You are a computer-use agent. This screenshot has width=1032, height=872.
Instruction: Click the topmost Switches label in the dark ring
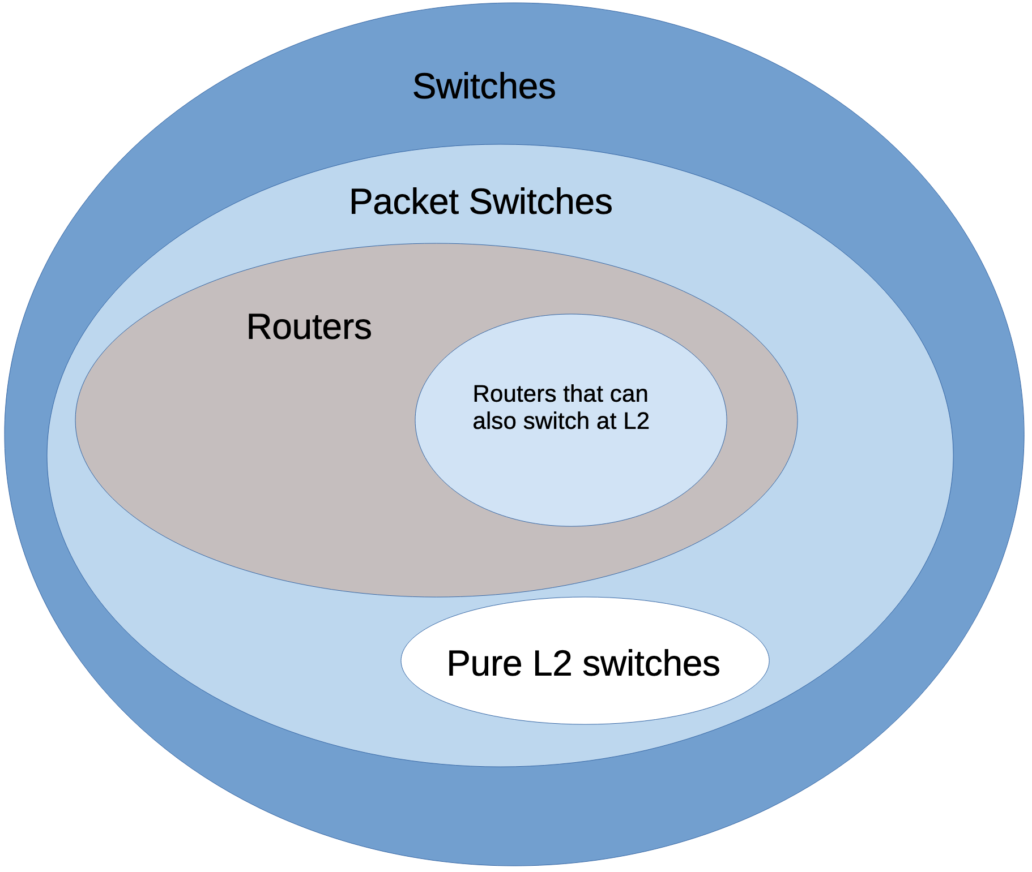(484, 87)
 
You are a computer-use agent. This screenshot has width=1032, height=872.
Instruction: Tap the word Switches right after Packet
(540, 201)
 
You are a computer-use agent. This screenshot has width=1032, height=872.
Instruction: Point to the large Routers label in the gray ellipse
(309, 327)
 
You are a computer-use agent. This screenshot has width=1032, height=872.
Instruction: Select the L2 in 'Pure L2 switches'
(552, 663)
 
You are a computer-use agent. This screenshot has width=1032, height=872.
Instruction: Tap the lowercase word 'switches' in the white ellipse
(651, 663)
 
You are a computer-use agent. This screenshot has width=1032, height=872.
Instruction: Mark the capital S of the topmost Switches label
(424, 87)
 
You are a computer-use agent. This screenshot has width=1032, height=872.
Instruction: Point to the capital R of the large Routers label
(258, 327)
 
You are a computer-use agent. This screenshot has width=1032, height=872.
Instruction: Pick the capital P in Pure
(457, 663)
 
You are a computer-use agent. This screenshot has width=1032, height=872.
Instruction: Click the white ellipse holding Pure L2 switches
(585, 696)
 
